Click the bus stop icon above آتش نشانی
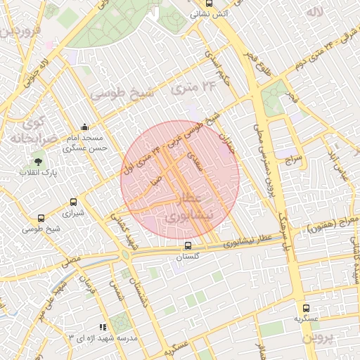(x=195, y=3)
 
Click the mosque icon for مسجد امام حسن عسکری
(x=84, y=127)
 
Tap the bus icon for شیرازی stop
(x=73, y=202)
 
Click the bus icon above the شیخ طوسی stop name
(x=41, y=219)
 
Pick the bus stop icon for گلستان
(x=187, y=246)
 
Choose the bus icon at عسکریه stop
(x=305, y=308)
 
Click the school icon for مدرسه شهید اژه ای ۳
(x=103, y=327)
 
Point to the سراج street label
(x=293, y=161)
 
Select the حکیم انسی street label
(x=216, y=70)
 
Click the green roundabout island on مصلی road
(x=125, y=255)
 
